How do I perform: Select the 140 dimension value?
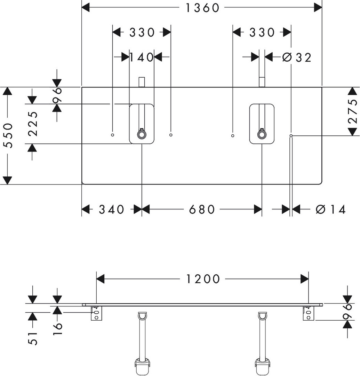tap(142, 57)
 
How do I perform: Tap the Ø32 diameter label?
tap(297, 57)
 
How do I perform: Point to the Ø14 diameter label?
tap(330, 209)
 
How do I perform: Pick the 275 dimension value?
tap(353, 111)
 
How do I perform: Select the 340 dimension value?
tap(111, 209)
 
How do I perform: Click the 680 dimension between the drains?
tap(202, 209)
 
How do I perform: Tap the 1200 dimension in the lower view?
tap(202, 279)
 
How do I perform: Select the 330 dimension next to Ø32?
tap(262, 32)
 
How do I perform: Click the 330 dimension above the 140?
tap(142, 32)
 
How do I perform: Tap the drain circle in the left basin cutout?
tap(142, 135)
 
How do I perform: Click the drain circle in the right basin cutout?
tap(262, 135)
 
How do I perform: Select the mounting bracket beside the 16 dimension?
tap(96, 313)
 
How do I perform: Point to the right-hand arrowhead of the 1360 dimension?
tap(318, 7)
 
